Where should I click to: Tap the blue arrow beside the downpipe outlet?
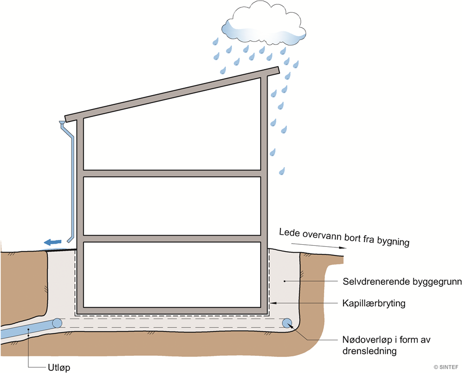point(52,242)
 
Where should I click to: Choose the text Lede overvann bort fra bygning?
point(344,237)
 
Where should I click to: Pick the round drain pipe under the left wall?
point(57,323)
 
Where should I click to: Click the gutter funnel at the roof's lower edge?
point(63,126)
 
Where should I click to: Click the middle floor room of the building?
point(172,205)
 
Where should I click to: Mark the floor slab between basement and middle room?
point(172,238)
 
